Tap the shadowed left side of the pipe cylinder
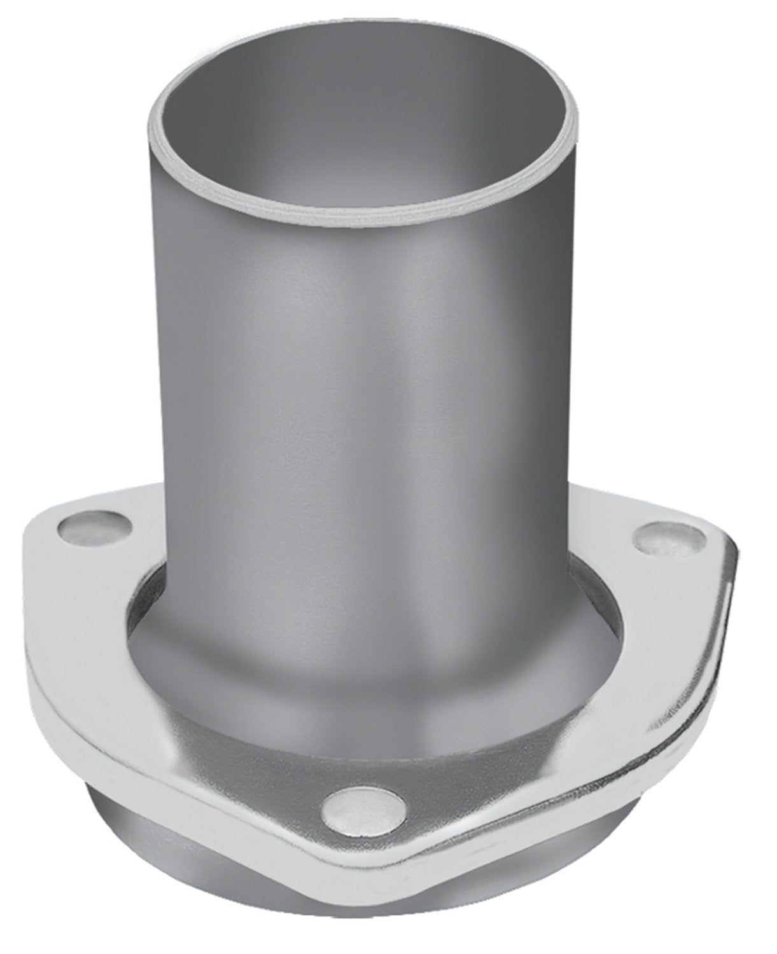191,382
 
